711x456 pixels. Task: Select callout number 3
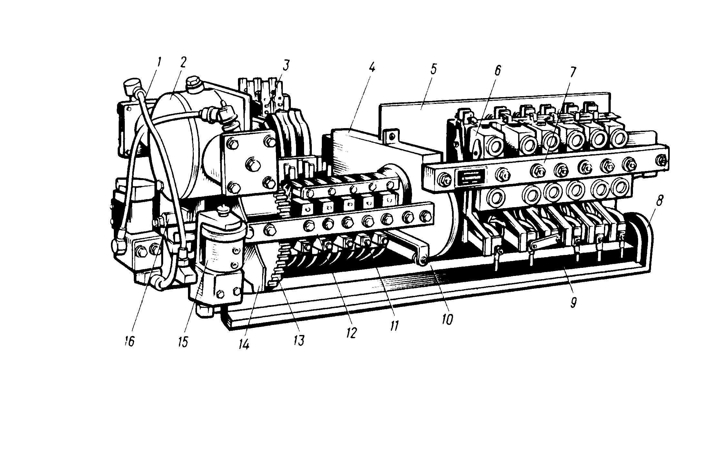pos(286,65)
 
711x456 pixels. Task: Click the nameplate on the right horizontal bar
pos(471,177)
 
